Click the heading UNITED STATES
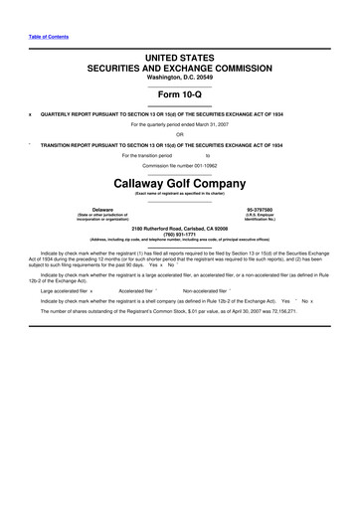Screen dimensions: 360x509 pyautogui.click(x=180, y=62)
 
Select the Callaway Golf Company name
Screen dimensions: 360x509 pyautogui.click(x=180, y=185)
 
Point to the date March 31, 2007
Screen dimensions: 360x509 pyautogui.click(x=210, y=124)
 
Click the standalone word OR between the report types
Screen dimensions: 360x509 pyautogui.click(x=180, y=134)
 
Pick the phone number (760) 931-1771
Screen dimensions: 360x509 pyautogui.click(x=180, y=234)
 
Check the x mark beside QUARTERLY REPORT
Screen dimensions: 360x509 pyautogui.click(x=30, y=113)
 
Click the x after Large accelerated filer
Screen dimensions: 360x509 pyautogui.click(x=91, y=290)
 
